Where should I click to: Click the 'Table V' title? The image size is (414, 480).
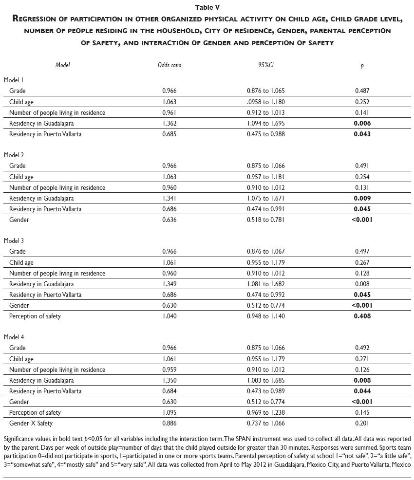[x=207, y=7]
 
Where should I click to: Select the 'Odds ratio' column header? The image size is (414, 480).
[x=169, y=65]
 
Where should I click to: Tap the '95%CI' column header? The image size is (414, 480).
[x=265, y=65]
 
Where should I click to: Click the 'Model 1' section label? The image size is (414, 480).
[x=14, y=80]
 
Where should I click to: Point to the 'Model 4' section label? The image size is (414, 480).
[x=14, y=337]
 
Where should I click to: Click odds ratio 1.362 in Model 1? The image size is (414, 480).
[x=169, y=123]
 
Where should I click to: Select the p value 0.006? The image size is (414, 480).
[x=362, y=123]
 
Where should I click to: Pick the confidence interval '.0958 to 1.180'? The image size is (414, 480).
[x=265, y=102]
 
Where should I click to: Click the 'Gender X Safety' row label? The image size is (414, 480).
[x=31, y=423]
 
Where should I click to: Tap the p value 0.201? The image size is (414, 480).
[x=362, y=423]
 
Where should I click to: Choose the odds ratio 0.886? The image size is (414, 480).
[x=169, y=423]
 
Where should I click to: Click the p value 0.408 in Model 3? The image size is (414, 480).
[x=362, y=316]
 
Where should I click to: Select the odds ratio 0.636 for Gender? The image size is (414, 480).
[x=169, y=220]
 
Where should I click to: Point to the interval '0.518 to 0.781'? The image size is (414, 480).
[x=265, y=220]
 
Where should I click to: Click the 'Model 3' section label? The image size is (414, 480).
[x=14, y=240]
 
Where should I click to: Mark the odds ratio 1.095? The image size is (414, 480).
[x=169, y=412]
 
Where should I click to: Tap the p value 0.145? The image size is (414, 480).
[x=362, y=412]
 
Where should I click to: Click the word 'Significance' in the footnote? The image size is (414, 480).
[x=19, y=439]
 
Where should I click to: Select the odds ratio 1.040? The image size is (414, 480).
[x=169, y=316]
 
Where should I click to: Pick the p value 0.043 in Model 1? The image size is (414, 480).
[x=362, y=134]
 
